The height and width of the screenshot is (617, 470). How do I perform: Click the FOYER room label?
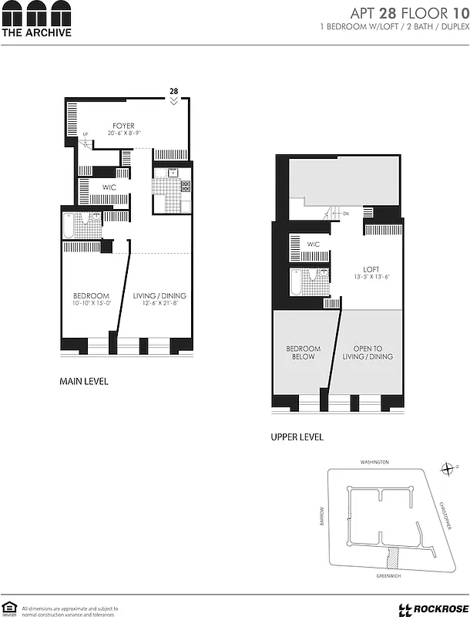point(123,126)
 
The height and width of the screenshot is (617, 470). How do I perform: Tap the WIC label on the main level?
point(109,187)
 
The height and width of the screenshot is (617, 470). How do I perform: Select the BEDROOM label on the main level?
point(91,295)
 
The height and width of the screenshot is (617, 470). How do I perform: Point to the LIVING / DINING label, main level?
point(159,295)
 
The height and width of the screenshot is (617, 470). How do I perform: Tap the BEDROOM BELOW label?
point(303,352)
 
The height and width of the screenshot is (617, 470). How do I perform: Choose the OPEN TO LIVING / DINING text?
point(368,352)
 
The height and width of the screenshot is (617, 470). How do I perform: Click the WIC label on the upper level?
point(313,244)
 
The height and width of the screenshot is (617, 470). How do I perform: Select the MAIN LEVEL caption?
point(84,381)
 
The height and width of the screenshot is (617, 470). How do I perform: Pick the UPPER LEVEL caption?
point(297,437)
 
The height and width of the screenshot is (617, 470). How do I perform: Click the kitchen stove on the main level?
point(185,187)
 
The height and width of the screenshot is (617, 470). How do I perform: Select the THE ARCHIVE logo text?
point(36,32)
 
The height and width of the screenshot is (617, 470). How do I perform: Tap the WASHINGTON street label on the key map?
point(374,462)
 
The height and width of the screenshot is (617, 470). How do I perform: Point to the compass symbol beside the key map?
point(448,468)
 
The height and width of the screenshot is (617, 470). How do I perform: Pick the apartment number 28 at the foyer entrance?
point(174,91)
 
